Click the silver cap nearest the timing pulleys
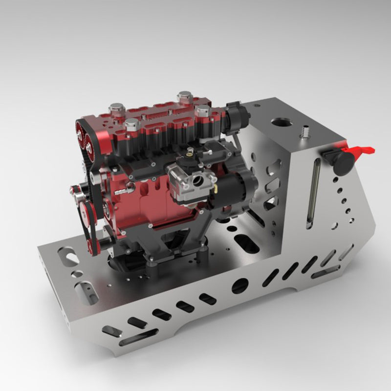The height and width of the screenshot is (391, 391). click(132, 126)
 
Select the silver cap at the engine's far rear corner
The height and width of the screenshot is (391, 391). click(184, 96)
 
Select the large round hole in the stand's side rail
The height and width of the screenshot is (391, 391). click(240, 285)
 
